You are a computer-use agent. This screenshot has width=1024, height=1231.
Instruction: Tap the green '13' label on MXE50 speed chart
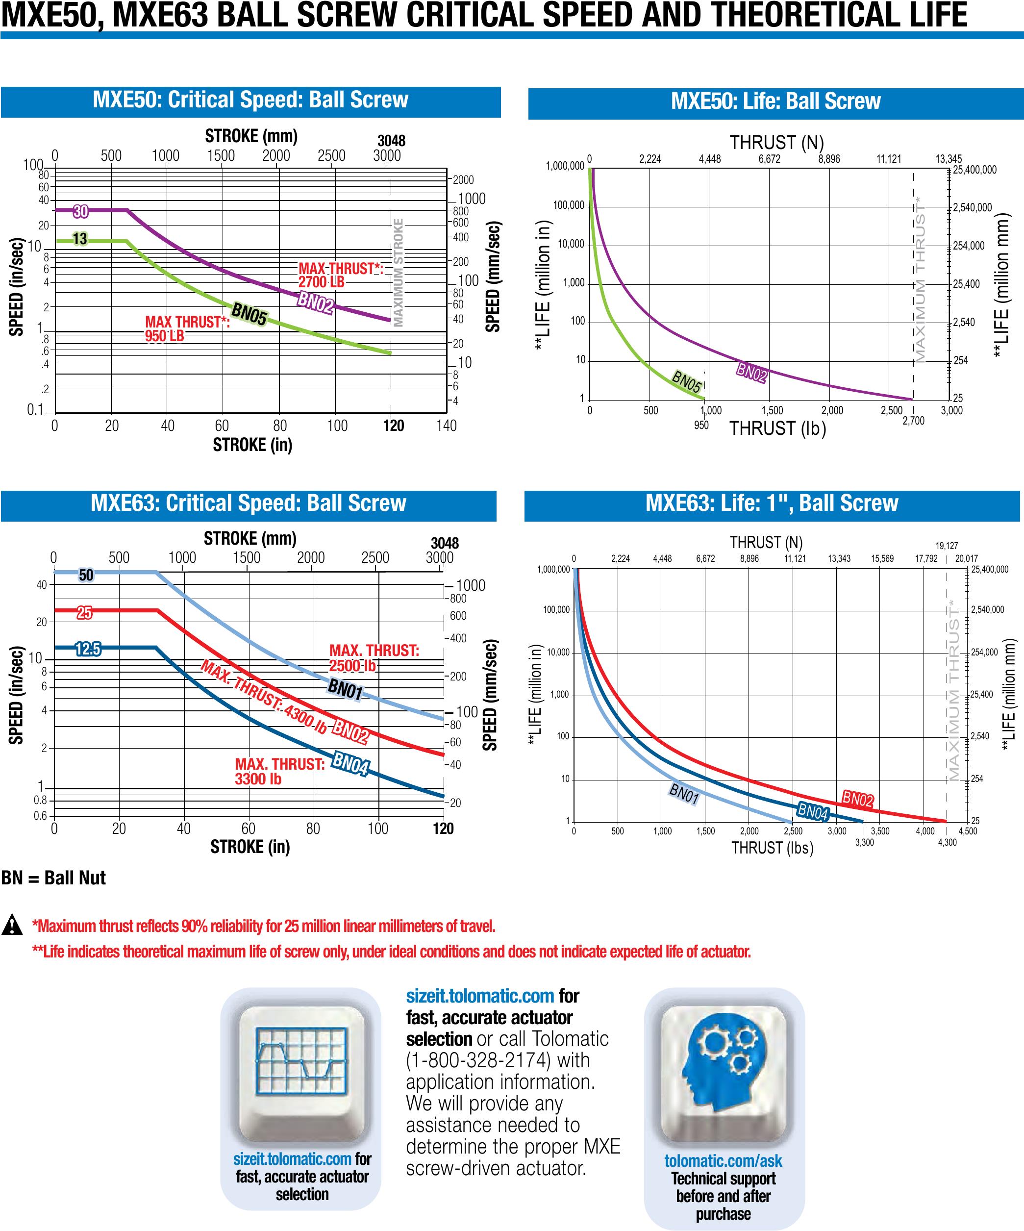click(80, 239)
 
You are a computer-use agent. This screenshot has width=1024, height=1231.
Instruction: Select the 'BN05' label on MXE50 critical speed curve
click(249, 314)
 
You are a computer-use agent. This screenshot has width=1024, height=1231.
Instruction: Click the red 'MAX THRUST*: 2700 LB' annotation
click(340, 275)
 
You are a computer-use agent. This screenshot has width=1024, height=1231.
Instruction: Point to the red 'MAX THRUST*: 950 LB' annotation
click(187, 328)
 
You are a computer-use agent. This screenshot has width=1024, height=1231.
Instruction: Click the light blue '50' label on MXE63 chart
click(86, 575)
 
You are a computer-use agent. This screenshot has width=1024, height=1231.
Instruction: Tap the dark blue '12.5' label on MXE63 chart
click(88, 649)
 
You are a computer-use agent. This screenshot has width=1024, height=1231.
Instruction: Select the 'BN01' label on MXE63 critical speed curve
click(345, 689)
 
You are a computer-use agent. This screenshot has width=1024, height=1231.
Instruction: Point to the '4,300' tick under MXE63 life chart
click(947, 842)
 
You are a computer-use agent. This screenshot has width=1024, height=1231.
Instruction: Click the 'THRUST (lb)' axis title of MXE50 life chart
click(777, 428)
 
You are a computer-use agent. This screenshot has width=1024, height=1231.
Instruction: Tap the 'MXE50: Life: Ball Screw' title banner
click(775, 101)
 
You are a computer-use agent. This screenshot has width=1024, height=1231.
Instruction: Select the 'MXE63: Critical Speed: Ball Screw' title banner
click(248, 503)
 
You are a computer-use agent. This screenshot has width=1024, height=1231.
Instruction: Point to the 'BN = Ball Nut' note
click(53, 878)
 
